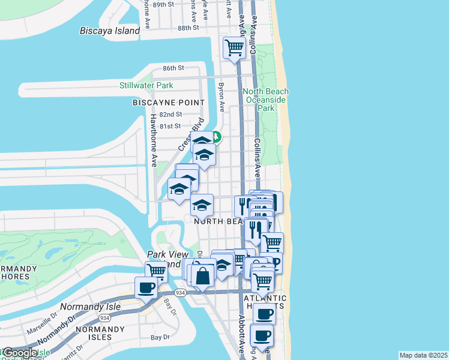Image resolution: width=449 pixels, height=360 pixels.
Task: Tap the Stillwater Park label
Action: point(146,86)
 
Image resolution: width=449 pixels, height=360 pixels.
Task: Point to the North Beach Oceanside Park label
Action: point(265,100)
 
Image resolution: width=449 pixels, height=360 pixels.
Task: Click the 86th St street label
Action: point(172,68)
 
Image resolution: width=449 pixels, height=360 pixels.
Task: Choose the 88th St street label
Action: point(188,28)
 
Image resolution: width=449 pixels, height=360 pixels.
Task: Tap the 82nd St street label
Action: point(170,114)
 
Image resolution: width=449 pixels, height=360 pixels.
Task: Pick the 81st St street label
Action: point(170,126)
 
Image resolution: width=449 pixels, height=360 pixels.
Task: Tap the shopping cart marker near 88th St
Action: point(234,47)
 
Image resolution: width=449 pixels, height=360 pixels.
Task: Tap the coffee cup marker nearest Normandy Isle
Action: point(146,288)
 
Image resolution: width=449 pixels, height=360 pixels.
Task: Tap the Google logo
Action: point(19,353)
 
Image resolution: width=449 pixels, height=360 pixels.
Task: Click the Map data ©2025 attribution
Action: point(423,355)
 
